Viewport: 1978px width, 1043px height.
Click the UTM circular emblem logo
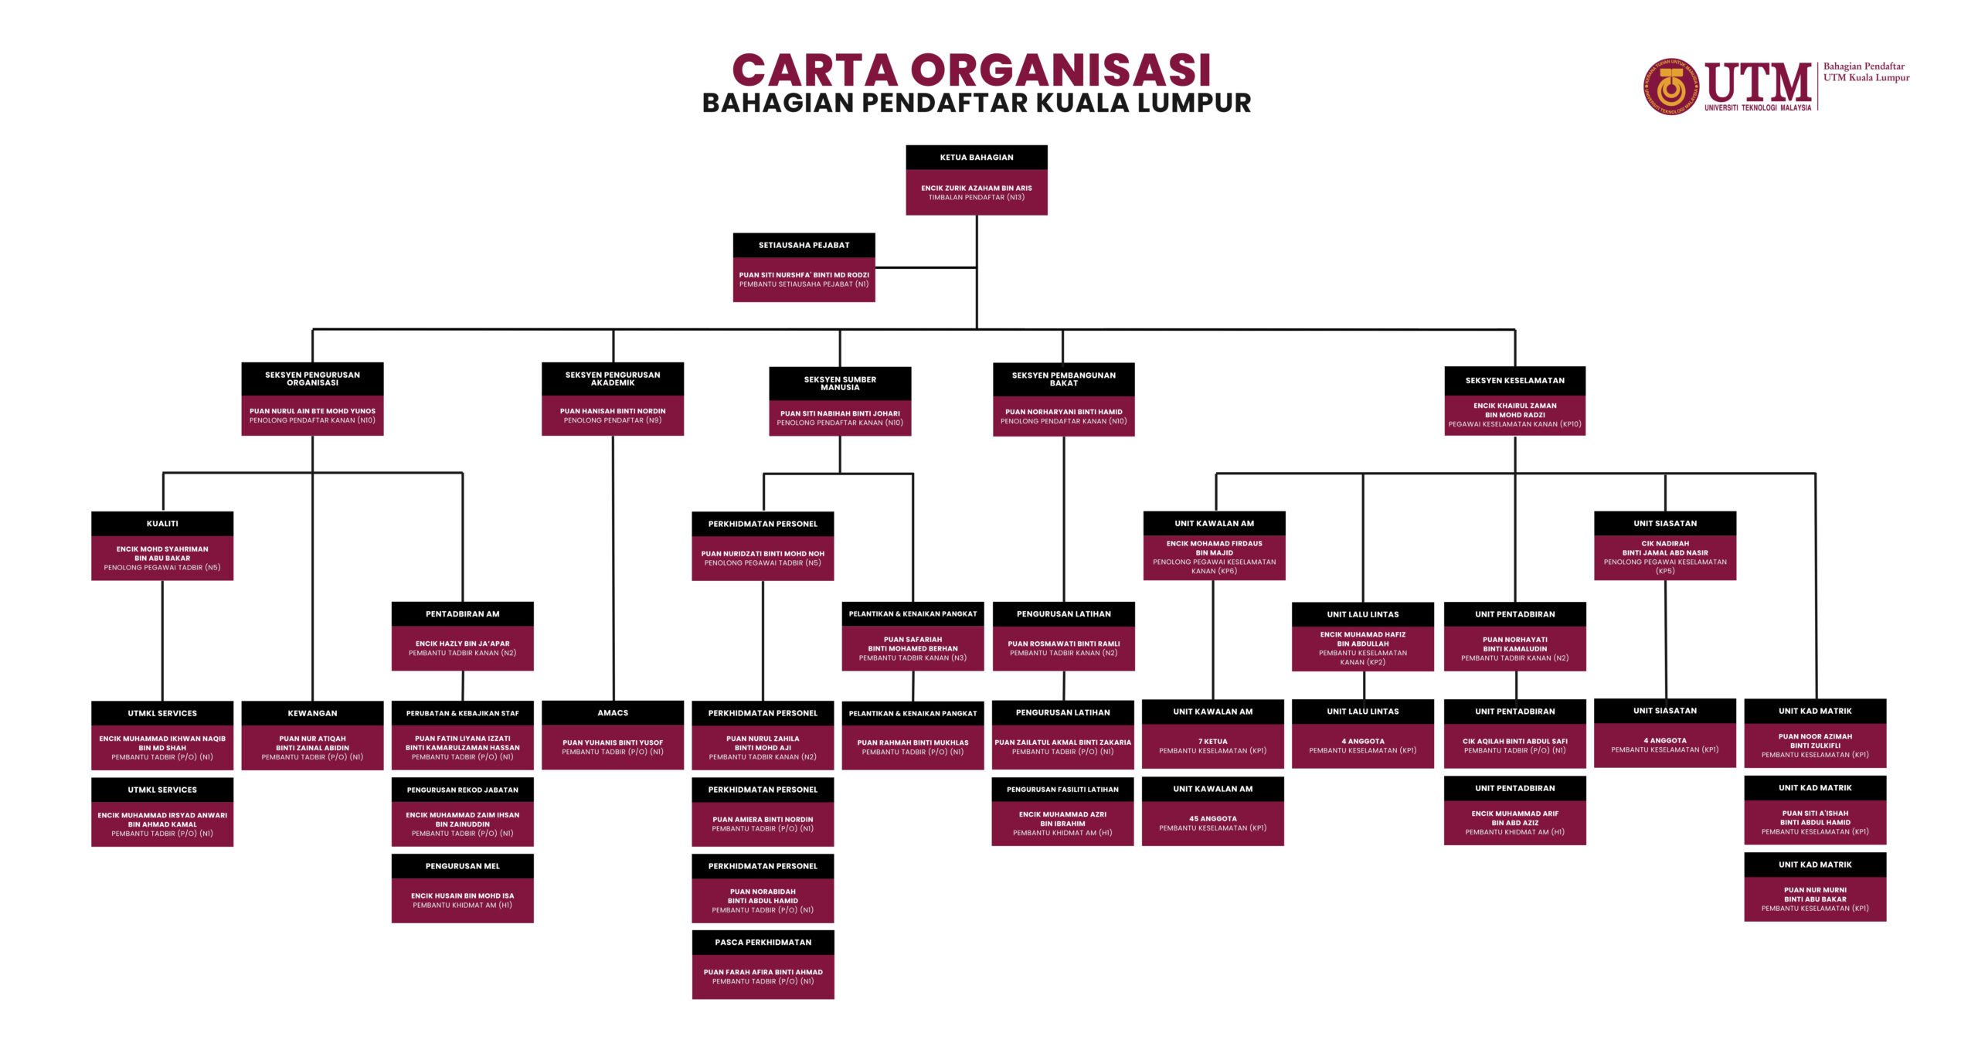pyautogui.click(x=1670, y=87)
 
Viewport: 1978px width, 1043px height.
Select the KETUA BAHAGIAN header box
pyautogui.click(x=976, y=157)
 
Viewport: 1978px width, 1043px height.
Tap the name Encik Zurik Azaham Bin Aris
pyautogui.click(x=976, y=188)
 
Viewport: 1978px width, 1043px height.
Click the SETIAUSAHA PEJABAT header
pyautogui.click(x=804, y=245)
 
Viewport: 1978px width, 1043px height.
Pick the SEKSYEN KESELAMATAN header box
pyautogui.click(x=1514, y=380)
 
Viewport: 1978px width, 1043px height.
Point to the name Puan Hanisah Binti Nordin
pyautogui.click(x=612, y=411)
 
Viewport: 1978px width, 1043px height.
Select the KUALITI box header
pyautogui.click(x=162, y=523)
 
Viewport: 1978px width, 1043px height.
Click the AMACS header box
pyautogui.click(x=612, y=712)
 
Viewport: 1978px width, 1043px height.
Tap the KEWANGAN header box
pyautogui.click(x=312, y=712)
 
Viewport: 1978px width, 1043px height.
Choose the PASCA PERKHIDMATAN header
pyautogui.click(x=763, y=942)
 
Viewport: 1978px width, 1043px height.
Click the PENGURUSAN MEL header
pyautogui.click(x=462, y=865)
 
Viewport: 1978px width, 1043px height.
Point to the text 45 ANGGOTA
pyautogui.click(x=1212, y=818)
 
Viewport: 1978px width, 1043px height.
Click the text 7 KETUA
pyautogui.click(x=1212, y=741)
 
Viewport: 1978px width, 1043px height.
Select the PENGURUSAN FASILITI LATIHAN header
pyautogui.click(x=1062, y=789)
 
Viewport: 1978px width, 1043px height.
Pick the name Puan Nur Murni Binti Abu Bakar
pyautogui.click(x=1815, y=895)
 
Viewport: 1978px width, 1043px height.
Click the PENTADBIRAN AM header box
pyautogui.click(x=462, y=613)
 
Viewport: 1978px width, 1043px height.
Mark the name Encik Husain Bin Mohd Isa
pyautogui.click(x=462, y=895)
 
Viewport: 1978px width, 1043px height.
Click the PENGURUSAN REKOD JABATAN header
pyautogui.click(x=462, y=790)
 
